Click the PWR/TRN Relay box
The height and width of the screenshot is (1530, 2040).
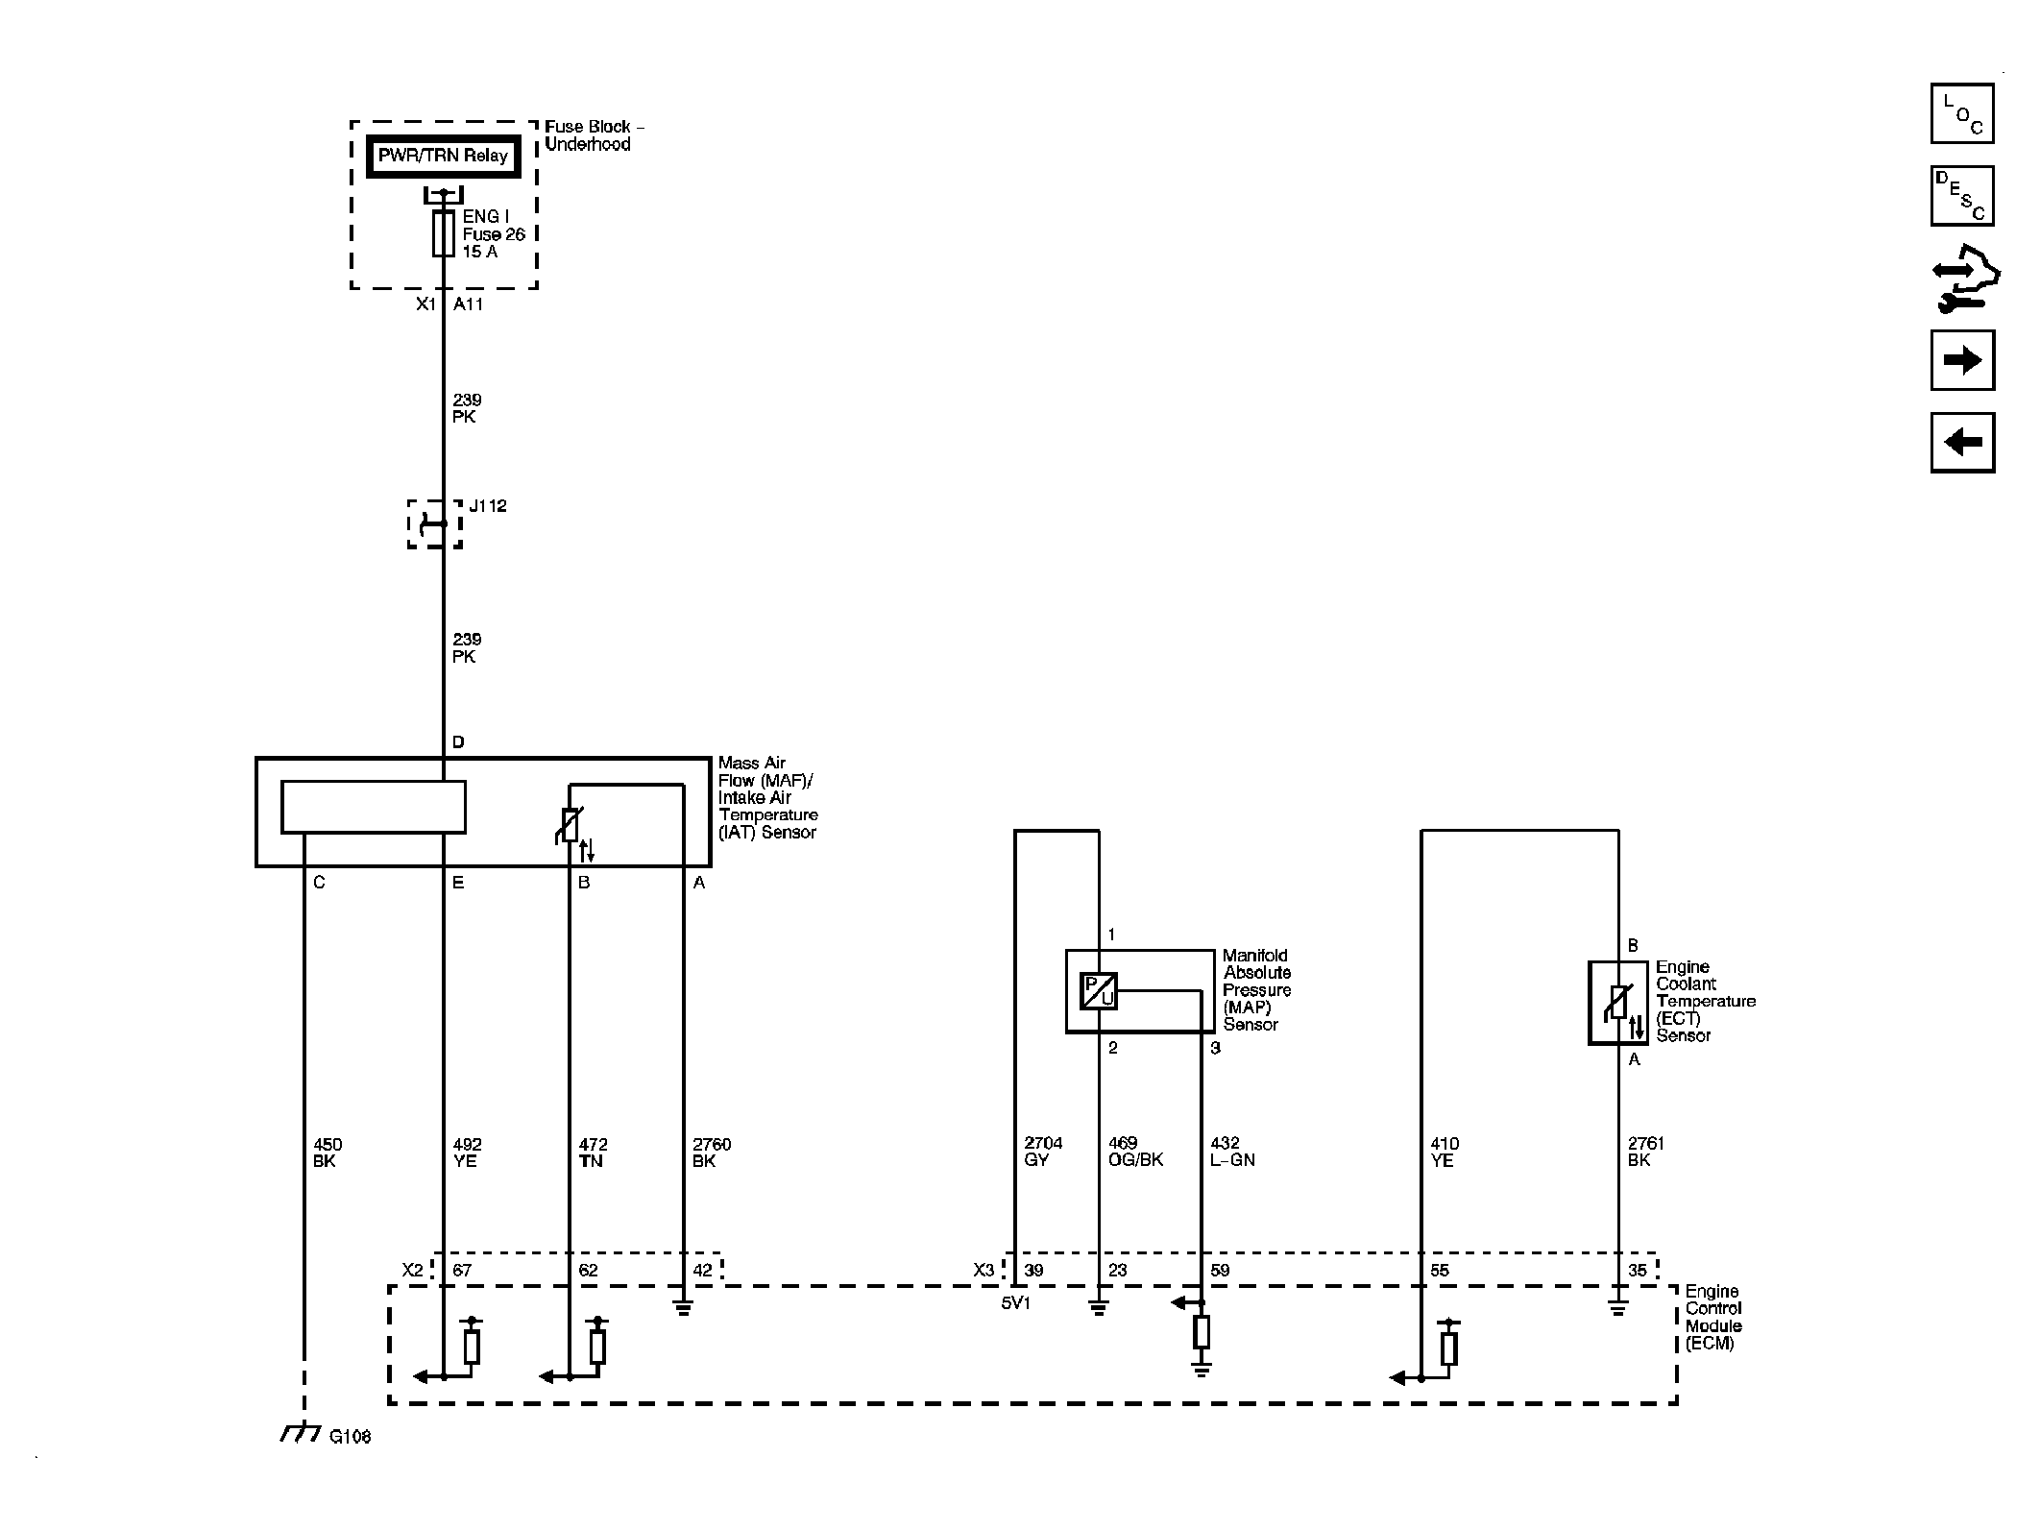(x=443, y=157)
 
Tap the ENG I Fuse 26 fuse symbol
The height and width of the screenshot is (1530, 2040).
(x=443, y=233)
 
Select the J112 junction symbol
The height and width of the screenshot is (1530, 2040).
(x=435, y=524)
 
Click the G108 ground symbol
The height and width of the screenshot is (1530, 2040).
(x=301, y=1434)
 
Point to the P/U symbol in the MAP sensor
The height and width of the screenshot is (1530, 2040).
(x=1099, y=990)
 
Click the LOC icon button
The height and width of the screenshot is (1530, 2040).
(x=1962, y=113)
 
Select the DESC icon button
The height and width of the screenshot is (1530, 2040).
(x=1962, y=196)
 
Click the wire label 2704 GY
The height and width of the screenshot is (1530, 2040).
(x=1043, y=1152)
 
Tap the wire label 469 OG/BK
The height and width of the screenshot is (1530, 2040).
(x=1136, y=1152)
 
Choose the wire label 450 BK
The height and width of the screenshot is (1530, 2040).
(x=328, y=1153)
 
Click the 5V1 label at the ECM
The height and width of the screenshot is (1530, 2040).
(x=1015, y=1303)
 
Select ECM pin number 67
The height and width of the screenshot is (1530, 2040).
(x=462, y=1270)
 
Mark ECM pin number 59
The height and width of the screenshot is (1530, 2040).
(x=1220, y=1270)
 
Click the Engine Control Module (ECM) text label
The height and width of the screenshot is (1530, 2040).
(x=1713, y=1317)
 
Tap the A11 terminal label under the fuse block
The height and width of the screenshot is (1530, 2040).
(x=469, y=304)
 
